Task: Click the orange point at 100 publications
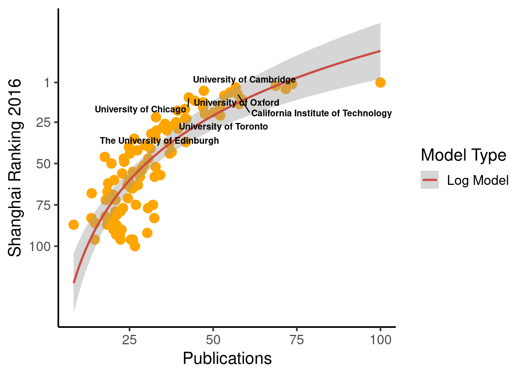(380, 82)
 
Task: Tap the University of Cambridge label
(244, 80)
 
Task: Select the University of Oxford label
(236, 103)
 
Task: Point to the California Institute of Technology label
(321, 113)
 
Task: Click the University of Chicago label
(140, 109)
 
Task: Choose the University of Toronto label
(223, 127)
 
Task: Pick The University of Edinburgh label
(159, 141)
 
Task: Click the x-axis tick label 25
(129, 340)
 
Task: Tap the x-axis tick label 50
(213, 340)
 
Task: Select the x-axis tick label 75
(296, 340)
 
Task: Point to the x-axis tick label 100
(380, 340)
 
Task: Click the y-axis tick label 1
(47, 83)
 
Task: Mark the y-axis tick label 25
(43, 123)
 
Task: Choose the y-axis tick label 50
(43, 164)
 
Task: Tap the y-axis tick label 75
(43, 205)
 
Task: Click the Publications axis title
(227, 358)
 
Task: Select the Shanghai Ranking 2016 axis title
(15, 168)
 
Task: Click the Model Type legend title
(463, 155)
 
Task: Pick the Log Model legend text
(477, 180)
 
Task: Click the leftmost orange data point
(74, 224)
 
